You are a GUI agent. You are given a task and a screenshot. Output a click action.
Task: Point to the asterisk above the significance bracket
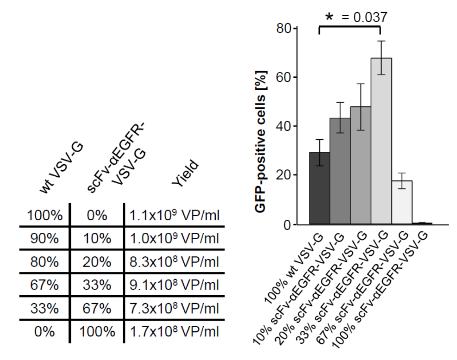[329, 18]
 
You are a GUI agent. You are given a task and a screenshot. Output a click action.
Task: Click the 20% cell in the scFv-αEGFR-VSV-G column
[97, 261]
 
